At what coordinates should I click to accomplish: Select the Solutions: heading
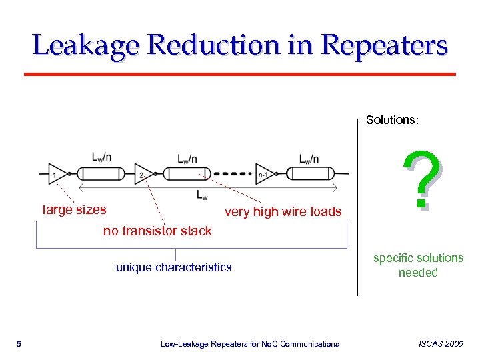click(393, 120)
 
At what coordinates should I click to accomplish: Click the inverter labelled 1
click(57, 173)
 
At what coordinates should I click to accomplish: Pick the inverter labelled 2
click(143, 173)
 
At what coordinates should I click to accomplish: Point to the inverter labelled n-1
click(265, 173)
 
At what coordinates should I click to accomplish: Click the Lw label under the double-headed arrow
click(202, 195)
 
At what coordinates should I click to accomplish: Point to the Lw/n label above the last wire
click(308, 158)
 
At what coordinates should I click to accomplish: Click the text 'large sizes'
click(74, 209)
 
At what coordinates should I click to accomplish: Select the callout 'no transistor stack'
click(157, 231)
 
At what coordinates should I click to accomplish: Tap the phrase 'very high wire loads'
click(283, 212)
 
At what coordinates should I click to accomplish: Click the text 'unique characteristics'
click(174, 267)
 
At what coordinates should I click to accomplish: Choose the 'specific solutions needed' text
click(418, 265)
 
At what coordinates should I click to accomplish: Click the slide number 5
click(19, 344)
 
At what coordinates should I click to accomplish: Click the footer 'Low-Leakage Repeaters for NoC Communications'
click(250, 344)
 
